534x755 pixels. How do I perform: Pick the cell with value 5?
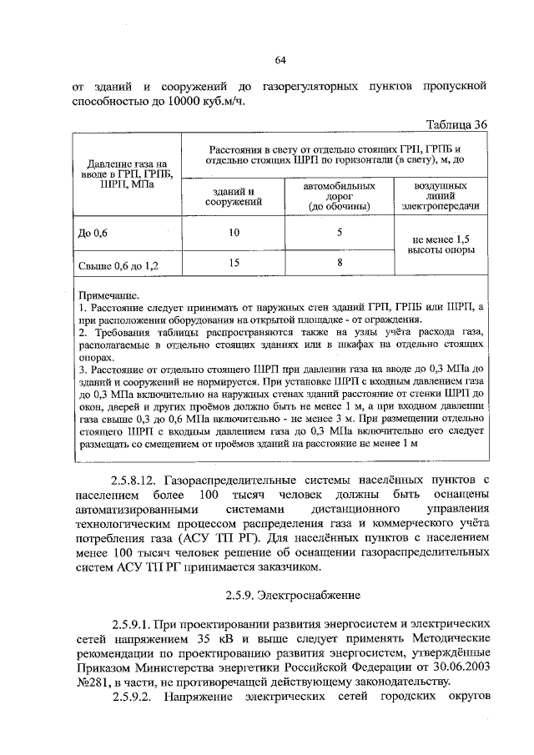(340, 233)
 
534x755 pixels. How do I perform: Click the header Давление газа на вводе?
(117, 174)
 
